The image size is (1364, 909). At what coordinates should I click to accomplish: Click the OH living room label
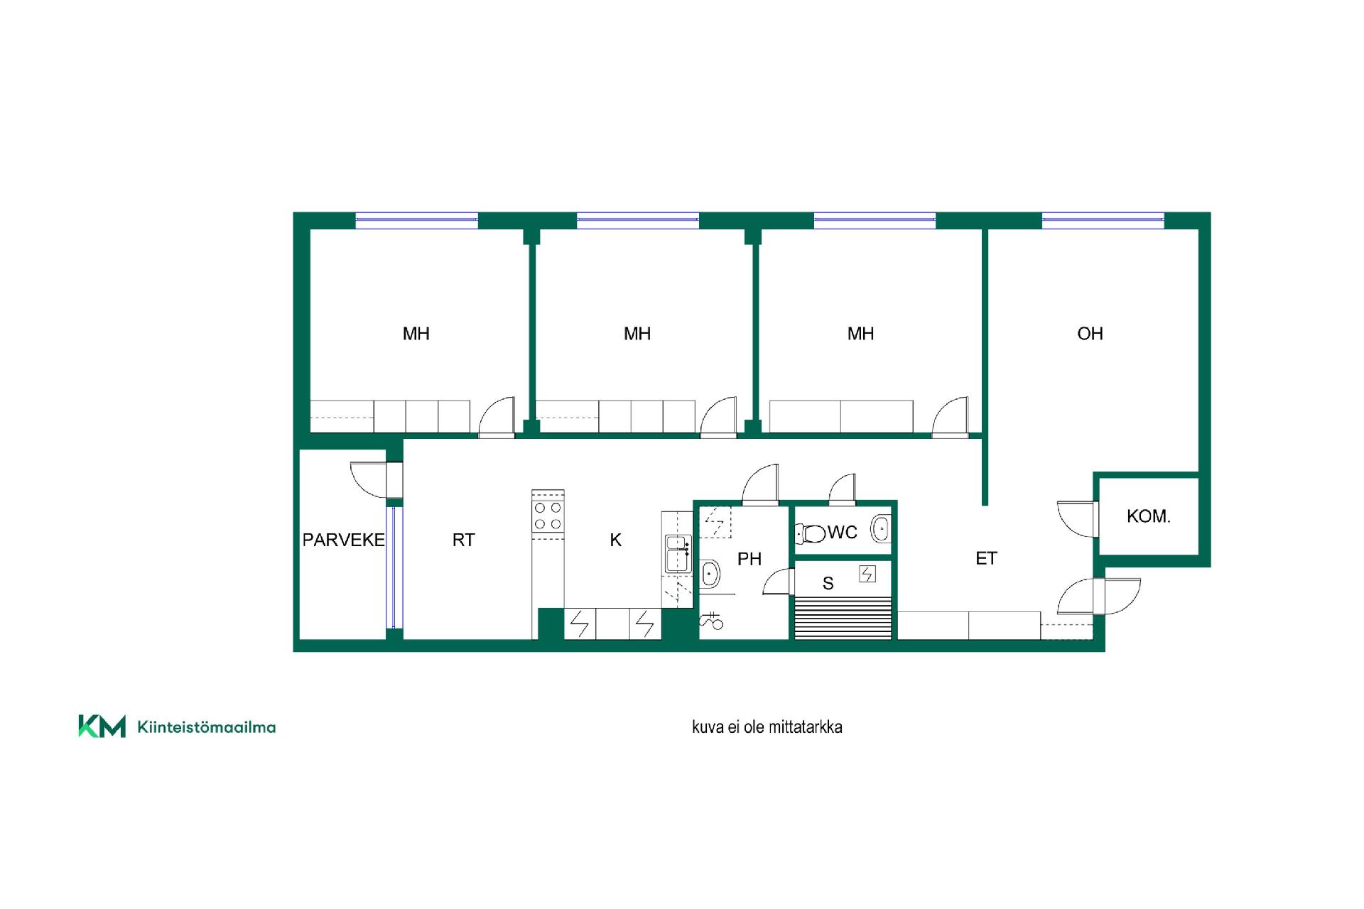[1090, 334]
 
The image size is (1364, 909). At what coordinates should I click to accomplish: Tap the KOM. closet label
[1148, 516]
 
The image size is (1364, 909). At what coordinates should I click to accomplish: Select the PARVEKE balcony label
[343, 540]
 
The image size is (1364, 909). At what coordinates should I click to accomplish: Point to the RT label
[463, 540]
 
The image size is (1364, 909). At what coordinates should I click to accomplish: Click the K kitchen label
[615, 540]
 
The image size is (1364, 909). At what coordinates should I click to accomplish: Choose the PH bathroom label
[749, 559]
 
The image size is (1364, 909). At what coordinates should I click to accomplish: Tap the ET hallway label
[986, 558]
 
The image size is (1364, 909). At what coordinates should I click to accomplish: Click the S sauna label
[828, 584]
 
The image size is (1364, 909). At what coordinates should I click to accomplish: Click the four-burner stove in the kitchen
[548, 516]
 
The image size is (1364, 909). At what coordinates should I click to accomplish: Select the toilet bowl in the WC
[811, 533]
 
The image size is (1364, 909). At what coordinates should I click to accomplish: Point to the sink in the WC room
[881, 529]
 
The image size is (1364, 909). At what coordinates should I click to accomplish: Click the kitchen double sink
[678, 554]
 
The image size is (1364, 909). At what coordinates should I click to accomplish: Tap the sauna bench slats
[843, 619]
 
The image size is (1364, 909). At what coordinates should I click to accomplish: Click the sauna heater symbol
[867, 574]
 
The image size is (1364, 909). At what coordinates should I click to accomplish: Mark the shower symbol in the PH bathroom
[711, 621]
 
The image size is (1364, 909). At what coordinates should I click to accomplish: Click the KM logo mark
[102, 726]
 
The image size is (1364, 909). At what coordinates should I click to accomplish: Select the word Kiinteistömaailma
[206, 727]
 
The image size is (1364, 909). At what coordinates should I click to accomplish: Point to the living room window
[1103, 220]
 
